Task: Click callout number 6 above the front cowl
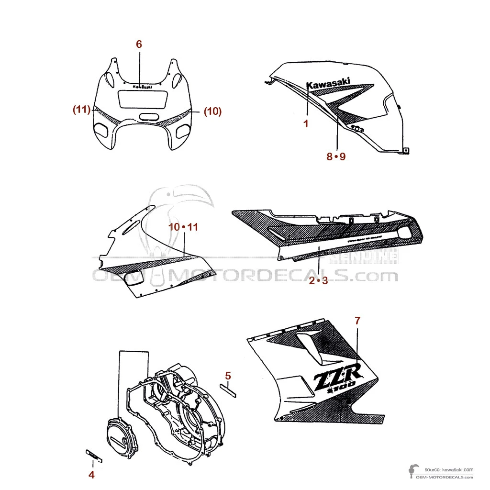[139, 44]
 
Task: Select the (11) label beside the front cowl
[82, 110]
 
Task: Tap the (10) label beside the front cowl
[212, 111]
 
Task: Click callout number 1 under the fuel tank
[306, 123]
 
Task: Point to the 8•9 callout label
[336, 156]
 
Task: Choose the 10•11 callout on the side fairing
[183, 227]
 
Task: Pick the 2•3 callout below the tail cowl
[318, 281]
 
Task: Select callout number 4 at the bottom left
[91, 475]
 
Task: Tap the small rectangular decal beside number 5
[228, 390]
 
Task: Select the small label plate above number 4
[94, 456]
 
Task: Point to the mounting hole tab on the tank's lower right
[406, 151]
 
